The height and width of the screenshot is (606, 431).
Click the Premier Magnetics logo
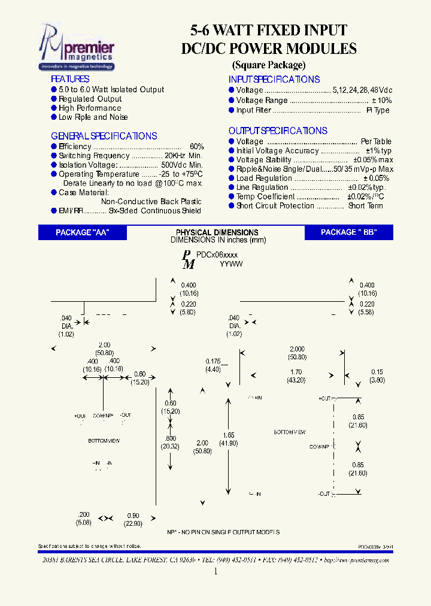click(76, 47)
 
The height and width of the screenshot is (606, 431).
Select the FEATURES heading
click(70, 79)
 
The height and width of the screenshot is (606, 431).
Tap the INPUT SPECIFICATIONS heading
click(274, 79)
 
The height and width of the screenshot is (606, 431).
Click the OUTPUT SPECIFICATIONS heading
click(278, 131)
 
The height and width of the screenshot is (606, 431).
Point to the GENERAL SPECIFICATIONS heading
click(104, 136)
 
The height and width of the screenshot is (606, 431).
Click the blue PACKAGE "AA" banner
click(83, 233)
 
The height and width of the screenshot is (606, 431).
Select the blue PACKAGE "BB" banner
click(348, 233)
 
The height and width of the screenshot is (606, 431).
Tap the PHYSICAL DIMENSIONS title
click(217, 232)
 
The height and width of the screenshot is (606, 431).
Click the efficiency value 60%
click(197, 147)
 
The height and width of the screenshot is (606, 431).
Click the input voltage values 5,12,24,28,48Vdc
click(362, 90)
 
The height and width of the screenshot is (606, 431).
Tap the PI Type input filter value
click(378, 110)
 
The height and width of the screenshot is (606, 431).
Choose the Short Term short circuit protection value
click(366, 205)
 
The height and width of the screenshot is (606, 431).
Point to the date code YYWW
click(231, 263)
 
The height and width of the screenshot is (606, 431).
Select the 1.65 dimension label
click(229, 435)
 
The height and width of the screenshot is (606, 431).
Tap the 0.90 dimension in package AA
click(133, 516)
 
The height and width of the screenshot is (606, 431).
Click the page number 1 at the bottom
click(215, 571)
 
